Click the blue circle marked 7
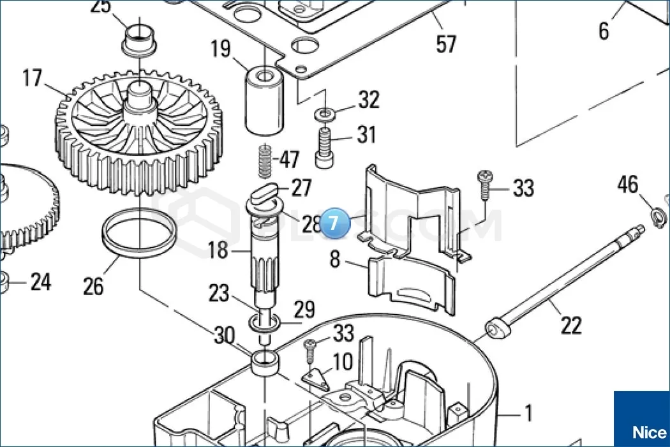(x=335, y=223)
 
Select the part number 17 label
(x=32, y=79)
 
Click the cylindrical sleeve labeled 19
(x=264, y=102)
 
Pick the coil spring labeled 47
(x=265, y=162)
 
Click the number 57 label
(x=446, y=43)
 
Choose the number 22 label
(x=570, y=325)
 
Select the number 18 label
(x=218, y=250)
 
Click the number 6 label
(x=604, y=29)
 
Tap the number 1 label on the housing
(x=528, y=414)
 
